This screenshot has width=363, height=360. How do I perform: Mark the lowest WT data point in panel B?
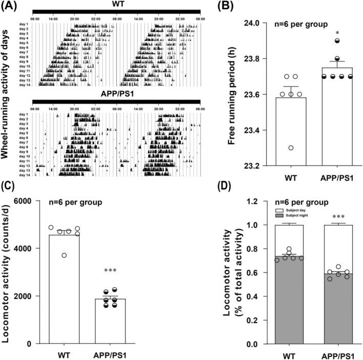[x=290, y=148]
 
